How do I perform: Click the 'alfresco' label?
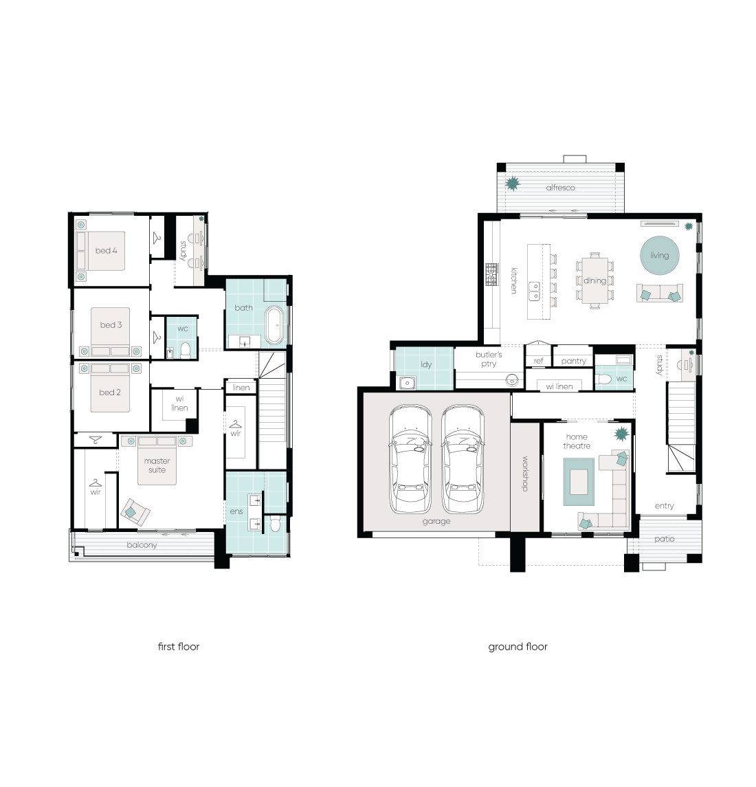point(560,188)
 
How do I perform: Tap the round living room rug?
point(660,256)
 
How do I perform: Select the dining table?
point(595,280)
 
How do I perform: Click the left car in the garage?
point(410,459)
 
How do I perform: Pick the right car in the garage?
point(463,459)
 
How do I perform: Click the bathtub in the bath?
point(274,325)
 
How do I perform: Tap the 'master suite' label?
point(157,465)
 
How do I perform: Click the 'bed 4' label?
point(107,250)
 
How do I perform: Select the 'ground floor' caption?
point(518,647)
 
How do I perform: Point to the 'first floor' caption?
point(179,647)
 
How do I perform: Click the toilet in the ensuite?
point(275,524)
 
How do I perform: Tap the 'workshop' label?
point(525,474)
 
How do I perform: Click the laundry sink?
point(407,383)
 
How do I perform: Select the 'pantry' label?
point(573,361)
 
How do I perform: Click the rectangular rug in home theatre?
point(579,482)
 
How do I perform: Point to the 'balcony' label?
point(142,545)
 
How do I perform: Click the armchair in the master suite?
point(135,513)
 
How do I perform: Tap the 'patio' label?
point(664,539)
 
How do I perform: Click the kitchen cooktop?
point(491,274)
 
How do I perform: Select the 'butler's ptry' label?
point(489,359)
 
